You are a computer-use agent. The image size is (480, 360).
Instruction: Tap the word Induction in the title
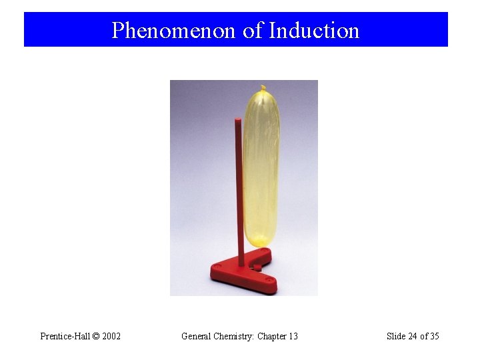click(x=314, y=30)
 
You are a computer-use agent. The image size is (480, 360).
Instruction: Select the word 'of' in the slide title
click(x=253, y=30)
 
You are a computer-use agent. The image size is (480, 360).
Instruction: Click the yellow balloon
click(x=261, y=167)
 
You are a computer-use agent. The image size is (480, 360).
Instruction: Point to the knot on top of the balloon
click(x=263, y=87)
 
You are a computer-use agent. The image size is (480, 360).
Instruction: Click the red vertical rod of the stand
click(x=238, y=193)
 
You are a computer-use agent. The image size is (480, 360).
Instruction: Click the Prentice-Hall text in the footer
click(x=65, y=336)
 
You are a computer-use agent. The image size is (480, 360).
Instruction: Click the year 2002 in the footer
click(x=111, y=336)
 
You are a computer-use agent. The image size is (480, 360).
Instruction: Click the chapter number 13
click(x=293, y=336)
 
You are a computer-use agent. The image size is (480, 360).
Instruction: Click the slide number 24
click(x=413, y=336)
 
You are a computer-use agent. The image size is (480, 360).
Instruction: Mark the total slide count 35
click(x=434, y=336)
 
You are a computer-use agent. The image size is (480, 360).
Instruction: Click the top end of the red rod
click(x=238, y=121)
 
